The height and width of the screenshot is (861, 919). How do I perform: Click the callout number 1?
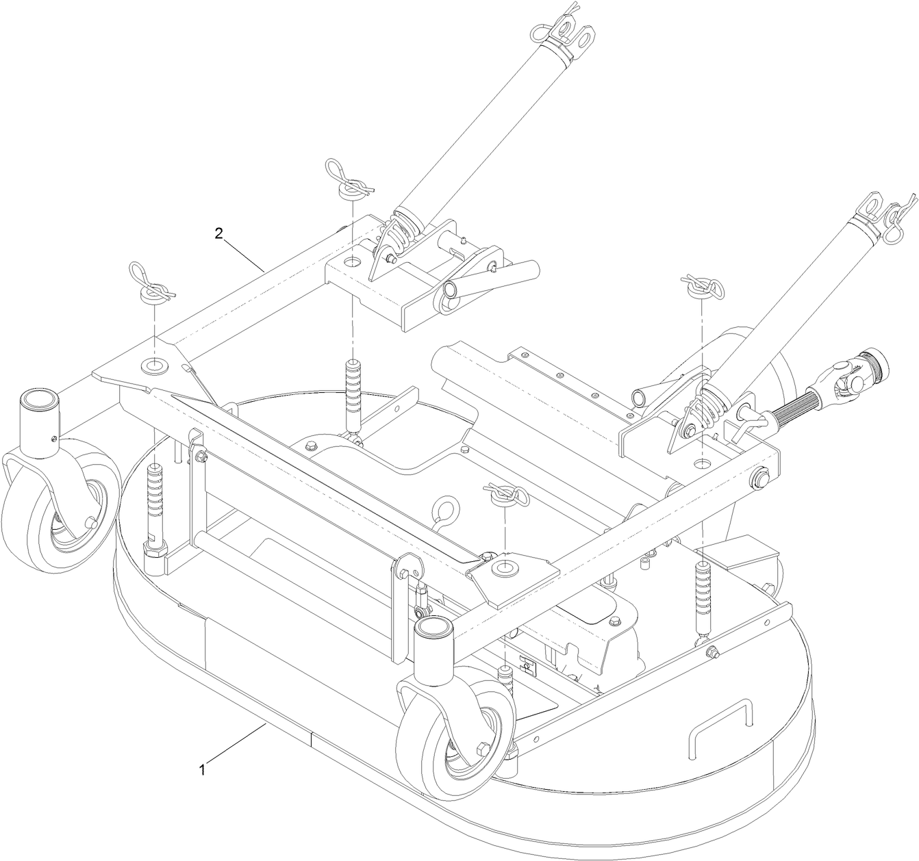click(202, 769)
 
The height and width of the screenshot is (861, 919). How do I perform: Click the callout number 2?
click(218, 233)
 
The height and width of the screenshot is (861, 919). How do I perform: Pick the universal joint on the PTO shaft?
click(846, 374)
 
